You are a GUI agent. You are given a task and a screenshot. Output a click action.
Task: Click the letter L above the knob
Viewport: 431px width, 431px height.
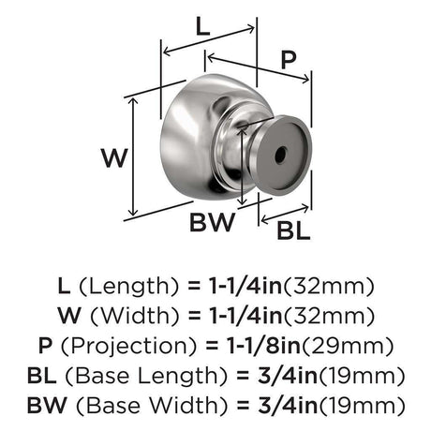[x=202, y=26]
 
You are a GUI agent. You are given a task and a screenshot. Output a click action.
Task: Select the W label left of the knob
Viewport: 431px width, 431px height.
[x=114, y=158]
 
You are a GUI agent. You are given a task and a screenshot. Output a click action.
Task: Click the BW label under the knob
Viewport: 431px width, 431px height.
[x=212, y=222]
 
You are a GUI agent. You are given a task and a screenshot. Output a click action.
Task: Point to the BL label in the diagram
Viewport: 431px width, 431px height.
[x=293, y=230]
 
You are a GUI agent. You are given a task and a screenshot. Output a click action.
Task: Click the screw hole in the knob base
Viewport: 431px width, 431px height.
[x=280, y=155]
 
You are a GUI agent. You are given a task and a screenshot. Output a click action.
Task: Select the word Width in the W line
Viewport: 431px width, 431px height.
[x=135, y=316]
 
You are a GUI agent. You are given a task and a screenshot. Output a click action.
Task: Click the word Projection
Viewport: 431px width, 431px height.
[x=129, y=346]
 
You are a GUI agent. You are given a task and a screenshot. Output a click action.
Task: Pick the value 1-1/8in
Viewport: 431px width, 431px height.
[x=263, y=346]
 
